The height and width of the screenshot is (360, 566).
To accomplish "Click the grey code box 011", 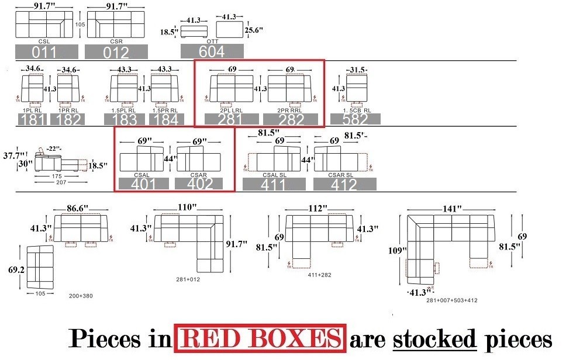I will click(x=44, y=52).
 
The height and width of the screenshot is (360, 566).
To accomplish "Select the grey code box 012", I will click(x=115, y=52).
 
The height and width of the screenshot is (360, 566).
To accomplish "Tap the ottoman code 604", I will click(x=212, y=51).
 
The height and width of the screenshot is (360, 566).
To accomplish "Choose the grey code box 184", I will click(x=166, y=120).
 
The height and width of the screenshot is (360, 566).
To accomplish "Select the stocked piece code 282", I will click(x=292, y=119).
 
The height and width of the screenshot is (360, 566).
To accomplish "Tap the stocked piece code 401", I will click(x=143, y=184).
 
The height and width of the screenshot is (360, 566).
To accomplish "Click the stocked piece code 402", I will click(x=202, y=184).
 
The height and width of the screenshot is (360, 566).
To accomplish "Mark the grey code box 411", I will click(x=274, y=185).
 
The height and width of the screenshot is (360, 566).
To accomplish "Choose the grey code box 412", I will click(x=344, y=185).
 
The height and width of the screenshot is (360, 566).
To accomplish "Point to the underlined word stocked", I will click(x=434, y=339).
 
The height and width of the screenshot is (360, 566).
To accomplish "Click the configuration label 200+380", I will click(x=80, y=296).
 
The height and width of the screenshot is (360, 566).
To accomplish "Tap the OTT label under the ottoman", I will click(x=212, y=41).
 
